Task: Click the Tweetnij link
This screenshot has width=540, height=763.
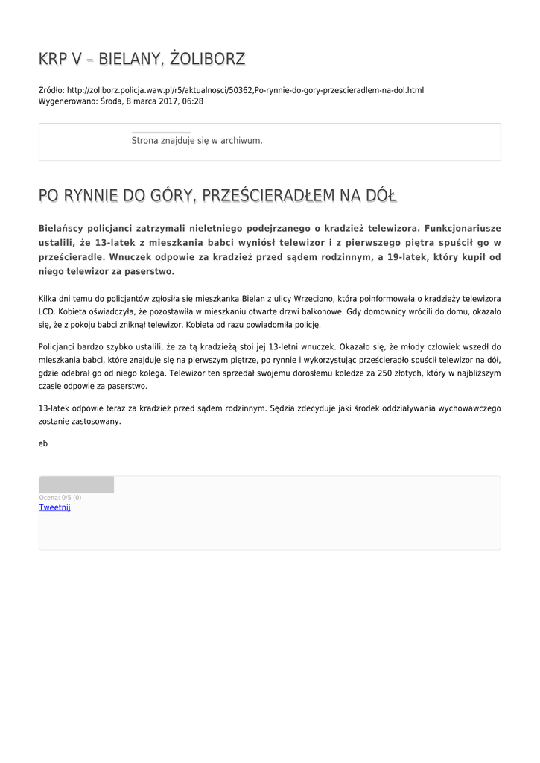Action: pyautogui.click(x=54, y=507)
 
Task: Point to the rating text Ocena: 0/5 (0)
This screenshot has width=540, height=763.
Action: pyautogui.click(x=60, y=498)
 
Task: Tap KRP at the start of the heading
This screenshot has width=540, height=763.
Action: pyautogui.click(x=53, y=59)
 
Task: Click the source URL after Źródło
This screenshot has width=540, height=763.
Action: pyautogui.click(x=245, y=90)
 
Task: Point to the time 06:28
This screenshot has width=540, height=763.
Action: pyautogui.click(x=193, y=101)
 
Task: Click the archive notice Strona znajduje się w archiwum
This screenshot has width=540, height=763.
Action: pyautogui.click(x=197, y=140)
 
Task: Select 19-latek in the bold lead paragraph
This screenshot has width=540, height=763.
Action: pyautogui.click(x=406, y=257)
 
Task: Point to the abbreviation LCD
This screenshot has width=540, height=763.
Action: pyautogui.click(x=47, y=312)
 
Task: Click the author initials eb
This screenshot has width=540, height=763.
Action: pyautogui.click(x=43, y=443)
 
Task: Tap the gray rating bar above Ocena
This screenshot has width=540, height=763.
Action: pyautogui.click(x=77, y=485)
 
